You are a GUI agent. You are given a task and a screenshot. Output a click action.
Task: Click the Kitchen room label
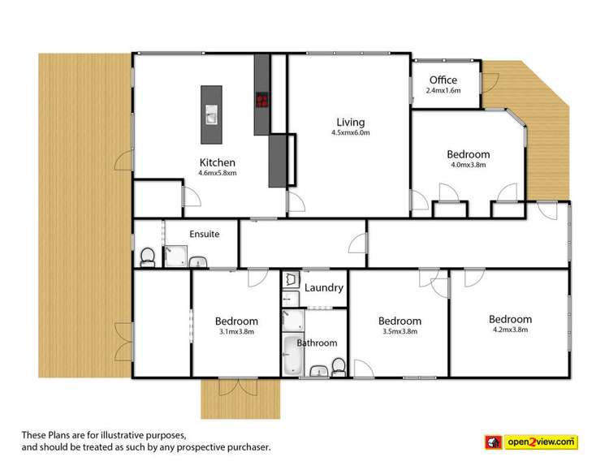[x=217, y=162]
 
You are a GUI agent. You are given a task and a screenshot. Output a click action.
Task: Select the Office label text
[x=443, y=80]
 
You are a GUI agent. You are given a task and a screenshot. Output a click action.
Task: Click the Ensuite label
[x=204, y=234]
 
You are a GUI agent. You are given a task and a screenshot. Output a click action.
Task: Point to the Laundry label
[x=324, y=287]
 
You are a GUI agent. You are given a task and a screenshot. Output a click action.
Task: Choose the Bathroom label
[x=317, y=343]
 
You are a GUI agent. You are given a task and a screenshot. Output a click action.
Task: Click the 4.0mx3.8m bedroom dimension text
[x=469, y=165]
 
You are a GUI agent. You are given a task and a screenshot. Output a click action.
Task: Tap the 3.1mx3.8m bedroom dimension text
[x=238, y=331]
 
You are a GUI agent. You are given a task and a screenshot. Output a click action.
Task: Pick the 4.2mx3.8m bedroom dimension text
[x=510, y=330]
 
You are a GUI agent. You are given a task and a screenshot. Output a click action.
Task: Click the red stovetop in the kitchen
[x=262, y=101]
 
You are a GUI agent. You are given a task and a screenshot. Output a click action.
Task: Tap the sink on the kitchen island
[x=210, y=116]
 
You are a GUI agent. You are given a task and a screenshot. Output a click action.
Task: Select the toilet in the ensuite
[x=148, y=257]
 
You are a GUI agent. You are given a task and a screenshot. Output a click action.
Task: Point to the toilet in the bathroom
[x=338, y=369]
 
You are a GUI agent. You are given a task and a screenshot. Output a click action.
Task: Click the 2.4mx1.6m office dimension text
[x=443, y=91]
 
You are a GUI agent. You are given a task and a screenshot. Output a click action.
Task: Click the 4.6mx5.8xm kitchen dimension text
[x=217, y=173]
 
